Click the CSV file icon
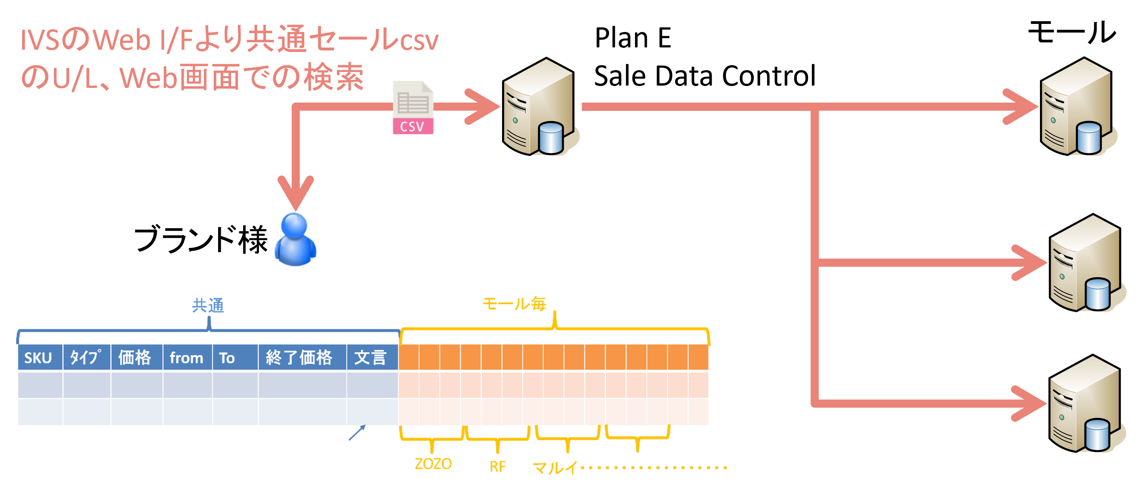(413, 108)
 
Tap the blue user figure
(295, 240)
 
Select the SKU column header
(38, 358)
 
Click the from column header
(186, 358)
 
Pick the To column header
(227, 358)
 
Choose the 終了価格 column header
(299, 358)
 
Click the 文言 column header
(370, 358)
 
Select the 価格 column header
(134, 358)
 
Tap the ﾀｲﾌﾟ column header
(86, 358)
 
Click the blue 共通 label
(208, 306)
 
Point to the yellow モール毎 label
(514, 304)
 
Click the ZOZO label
(433, 464)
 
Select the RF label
(497, 467)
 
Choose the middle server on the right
(1086, 264)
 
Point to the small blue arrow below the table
(357, 433)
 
